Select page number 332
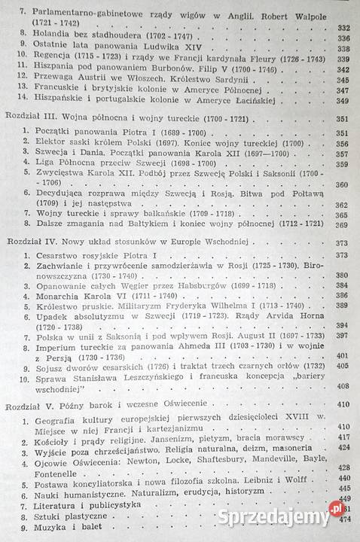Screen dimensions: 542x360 (x=343, y=27)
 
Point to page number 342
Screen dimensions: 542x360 (x=343, y=89)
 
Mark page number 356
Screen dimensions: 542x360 (x=343, y=171)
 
